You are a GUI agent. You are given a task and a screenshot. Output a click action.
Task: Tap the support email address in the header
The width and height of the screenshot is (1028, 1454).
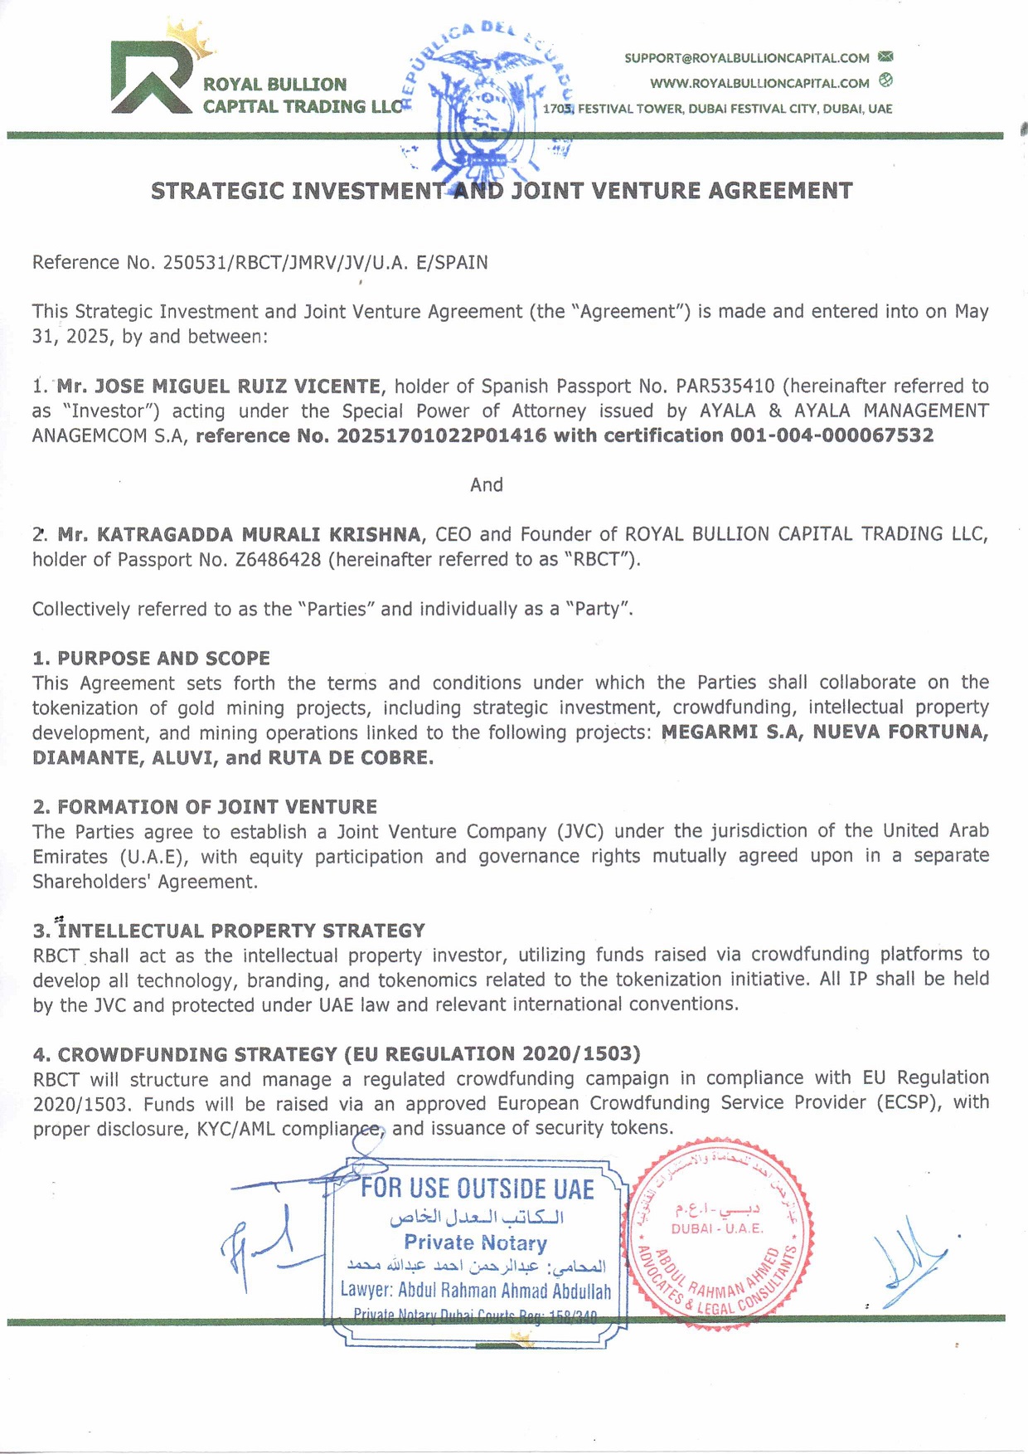click(x=746, y=58)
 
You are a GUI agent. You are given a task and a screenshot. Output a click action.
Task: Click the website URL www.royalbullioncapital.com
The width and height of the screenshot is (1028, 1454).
click(x=759, y=83)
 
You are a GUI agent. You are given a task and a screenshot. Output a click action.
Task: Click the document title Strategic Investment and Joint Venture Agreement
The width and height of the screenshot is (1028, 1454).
click(x=501, y=191)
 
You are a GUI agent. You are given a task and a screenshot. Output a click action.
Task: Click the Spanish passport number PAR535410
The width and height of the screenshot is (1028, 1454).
click(x=725, y=387)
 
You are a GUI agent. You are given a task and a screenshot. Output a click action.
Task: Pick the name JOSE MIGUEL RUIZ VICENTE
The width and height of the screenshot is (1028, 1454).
click(x=238, y=387)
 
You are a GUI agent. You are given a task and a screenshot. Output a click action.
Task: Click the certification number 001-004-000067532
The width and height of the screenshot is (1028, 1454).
click(x=832, y=436)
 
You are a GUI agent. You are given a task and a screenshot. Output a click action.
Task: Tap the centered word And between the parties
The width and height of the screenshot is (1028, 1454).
click(x=487, y=485)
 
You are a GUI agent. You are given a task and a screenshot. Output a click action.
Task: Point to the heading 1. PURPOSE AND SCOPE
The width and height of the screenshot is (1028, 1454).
click(x=152, y=659)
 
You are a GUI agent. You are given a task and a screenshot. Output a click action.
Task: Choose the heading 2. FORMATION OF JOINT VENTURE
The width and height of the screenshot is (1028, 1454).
click(x=205, y=807)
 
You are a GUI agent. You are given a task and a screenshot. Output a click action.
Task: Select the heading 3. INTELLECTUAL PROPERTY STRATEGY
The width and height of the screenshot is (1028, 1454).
click(x=229, y=931)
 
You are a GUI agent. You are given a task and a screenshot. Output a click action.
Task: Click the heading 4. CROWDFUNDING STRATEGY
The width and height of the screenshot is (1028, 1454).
click(x=337, y=1054)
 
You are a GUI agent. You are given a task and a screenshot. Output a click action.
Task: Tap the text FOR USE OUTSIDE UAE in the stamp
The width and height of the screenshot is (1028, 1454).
click(x=477, y=1189)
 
